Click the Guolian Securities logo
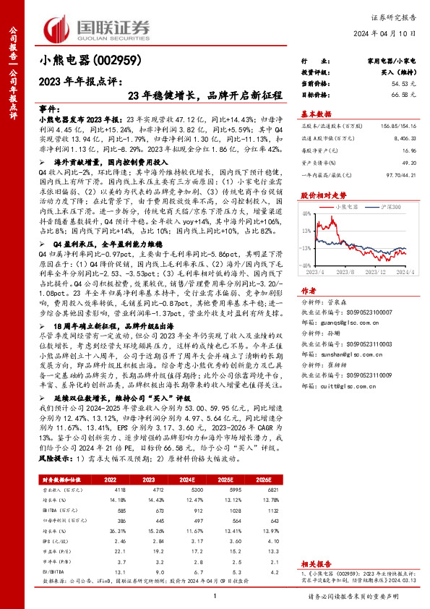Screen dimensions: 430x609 (x=97, y=27)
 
